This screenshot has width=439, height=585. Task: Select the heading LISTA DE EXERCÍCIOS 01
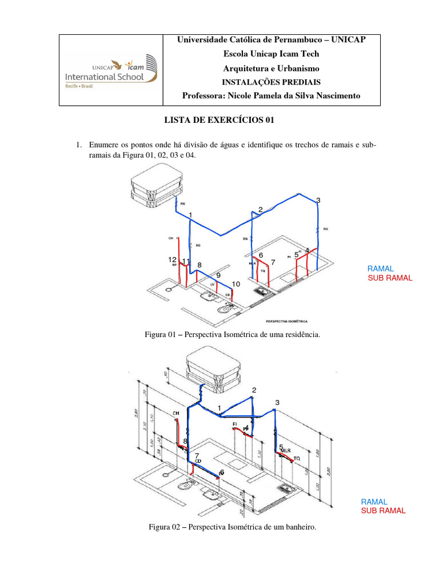click(215, 121)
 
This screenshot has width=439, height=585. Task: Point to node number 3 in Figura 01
click(318, 200)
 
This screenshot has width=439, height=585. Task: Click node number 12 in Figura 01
click(172, 259)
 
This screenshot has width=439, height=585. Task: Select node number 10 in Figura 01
click(236, 284)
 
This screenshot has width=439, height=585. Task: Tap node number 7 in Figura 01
click(273, 262)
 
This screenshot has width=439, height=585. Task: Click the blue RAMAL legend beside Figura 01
click(380, 269)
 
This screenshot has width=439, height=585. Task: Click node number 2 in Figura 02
click(254, 390)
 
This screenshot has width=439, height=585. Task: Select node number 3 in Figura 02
click(277, 403)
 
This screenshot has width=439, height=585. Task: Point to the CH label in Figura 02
click(176, 412)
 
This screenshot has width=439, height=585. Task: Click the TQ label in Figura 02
click(297, 458)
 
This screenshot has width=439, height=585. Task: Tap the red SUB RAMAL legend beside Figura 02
click(383, 511)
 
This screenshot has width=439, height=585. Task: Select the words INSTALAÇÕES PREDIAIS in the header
click(271, 82)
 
